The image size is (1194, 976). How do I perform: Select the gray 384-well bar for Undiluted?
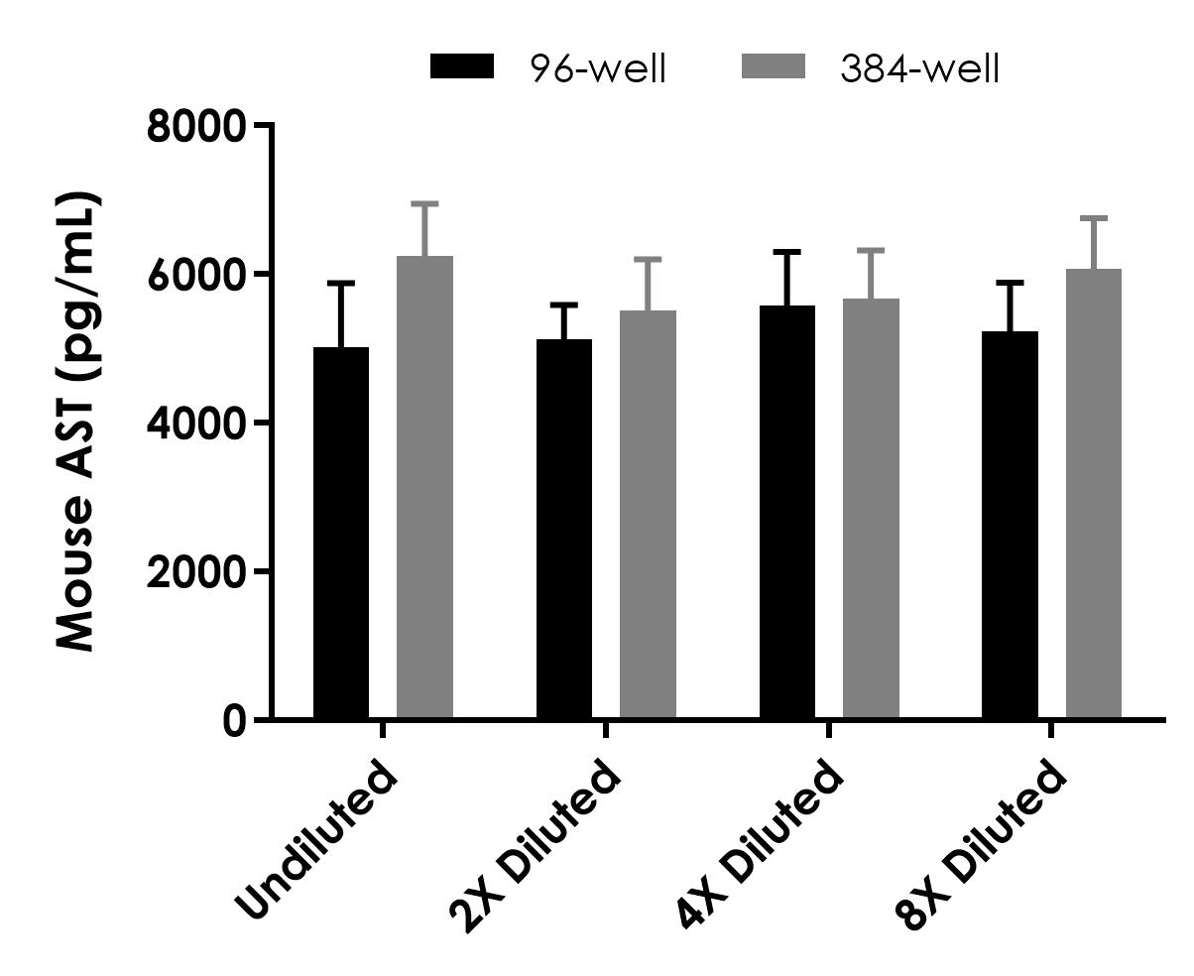coord(424,487)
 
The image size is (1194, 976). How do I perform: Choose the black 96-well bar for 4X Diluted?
coord(787,512)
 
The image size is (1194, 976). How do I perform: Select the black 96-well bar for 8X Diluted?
coord(1010,525)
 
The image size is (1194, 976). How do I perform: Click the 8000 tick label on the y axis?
coord(195,127)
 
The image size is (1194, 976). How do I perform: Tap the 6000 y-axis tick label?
coord(195,275)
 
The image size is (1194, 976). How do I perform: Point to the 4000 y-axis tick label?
coord(195,424)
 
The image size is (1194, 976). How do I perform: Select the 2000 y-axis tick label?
coord(195,572)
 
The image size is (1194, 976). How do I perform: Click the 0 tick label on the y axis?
coord(233,721)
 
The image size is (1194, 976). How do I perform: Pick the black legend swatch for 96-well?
coord(461,67)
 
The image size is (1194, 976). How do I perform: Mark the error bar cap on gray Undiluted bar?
coord(424,204)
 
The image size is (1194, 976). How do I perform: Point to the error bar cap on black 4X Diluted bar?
coord(787,252)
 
